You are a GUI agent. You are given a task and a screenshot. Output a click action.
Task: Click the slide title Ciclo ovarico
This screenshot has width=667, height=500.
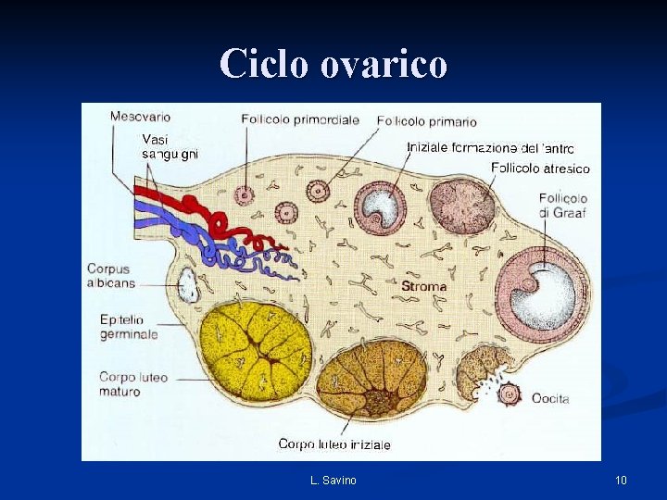pyautogui.click(x=333, y=63)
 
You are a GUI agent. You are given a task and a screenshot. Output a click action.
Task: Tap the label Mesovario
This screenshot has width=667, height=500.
pyautogui.click(x=140, y=117)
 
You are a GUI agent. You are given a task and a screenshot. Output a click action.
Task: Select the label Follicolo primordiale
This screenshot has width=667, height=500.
pyautogui.click(x=300, y=119)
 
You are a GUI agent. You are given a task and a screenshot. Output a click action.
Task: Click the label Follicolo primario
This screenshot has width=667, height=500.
pyautogui.click(x=427, y=121)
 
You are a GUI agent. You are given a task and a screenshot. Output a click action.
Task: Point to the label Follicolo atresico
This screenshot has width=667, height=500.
pyautogui.click(x=541, y=169)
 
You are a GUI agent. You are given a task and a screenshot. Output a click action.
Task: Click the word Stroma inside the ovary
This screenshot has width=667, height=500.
pyautogui.click(x=423, y=287)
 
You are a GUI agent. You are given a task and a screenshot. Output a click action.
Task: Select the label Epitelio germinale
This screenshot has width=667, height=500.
pyautogui.click(x=129, y=327)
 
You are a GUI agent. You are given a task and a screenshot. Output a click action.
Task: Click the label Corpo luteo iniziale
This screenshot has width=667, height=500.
pyautogui.click(x=334, y=444)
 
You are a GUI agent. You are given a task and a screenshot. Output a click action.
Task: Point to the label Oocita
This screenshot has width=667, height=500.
pyautogui.click(x=550, y=398)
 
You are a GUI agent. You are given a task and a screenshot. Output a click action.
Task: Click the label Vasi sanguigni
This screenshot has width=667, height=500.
pyautogui.click(x=169, y=146)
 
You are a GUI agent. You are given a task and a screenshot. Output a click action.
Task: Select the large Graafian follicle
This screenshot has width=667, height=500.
pyautogui.click(x=542, y=294)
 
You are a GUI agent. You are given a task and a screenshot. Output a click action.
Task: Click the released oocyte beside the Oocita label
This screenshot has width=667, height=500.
pyautogui.click(x=509, y=394)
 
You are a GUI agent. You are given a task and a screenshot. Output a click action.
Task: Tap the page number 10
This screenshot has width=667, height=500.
pyautogui.click(x=621, y=480)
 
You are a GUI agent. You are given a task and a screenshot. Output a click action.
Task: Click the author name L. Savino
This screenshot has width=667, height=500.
pyautogui.click(x=333, y=480)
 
